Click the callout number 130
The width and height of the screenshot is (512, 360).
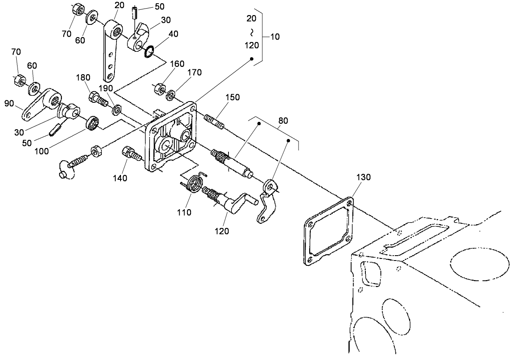352,178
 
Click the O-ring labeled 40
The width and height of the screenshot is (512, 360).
149,52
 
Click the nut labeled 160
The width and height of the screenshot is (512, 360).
160,88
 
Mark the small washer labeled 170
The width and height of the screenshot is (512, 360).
171,95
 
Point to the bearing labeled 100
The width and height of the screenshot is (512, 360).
92,123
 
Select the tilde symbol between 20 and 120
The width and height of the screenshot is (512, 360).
252,31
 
